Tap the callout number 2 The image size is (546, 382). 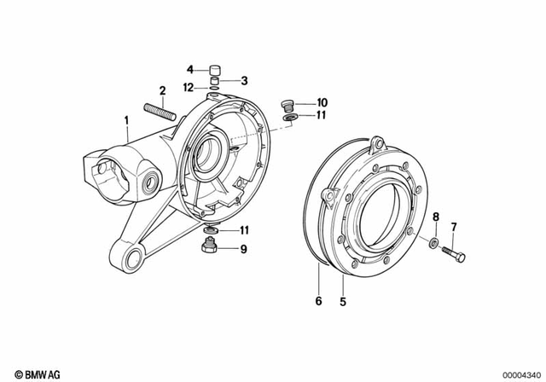point(160,91)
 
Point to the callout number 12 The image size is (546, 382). point(188,86)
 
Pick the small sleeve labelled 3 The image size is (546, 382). point(217,83)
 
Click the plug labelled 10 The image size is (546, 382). point(288,106)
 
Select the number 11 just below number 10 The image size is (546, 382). point(321,115)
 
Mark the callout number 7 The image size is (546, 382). point(454,227)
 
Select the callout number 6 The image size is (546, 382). point(319,300)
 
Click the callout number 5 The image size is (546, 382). point(343,300)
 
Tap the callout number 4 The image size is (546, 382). point(192,69)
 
